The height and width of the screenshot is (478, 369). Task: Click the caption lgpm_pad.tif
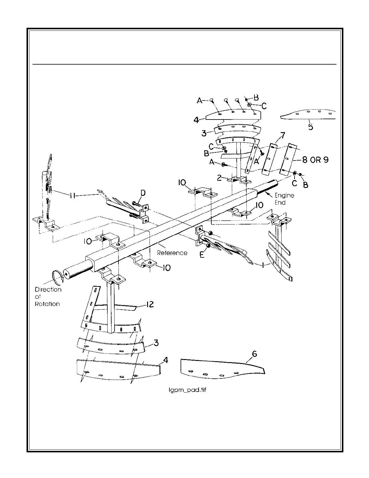tap(187, 390)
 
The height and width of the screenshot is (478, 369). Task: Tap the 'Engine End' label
tap(284, 199)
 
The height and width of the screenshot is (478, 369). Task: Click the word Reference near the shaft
tap(172, 253)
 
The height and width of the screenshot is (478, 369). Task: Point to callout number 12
tap(150, 304)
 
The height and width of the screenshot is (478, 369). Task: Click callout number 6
tap(254, 354)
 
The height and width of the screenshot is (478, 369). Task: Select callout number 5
tap(311, 127)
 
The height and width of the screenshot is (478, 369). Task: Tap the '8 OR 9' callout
tap(315, 160)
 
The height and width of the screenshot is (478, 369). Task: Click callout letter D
tap(143, 193)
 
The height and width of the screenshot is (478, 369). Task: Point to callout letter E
tap(202, 255)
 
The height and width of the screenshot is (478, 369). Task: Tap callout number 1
tap(263, 265)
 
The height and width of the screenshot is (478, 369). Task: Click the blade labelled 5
tap(307, 114)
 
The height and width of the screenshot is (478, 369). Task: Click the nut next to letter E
tap(208, 246)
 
